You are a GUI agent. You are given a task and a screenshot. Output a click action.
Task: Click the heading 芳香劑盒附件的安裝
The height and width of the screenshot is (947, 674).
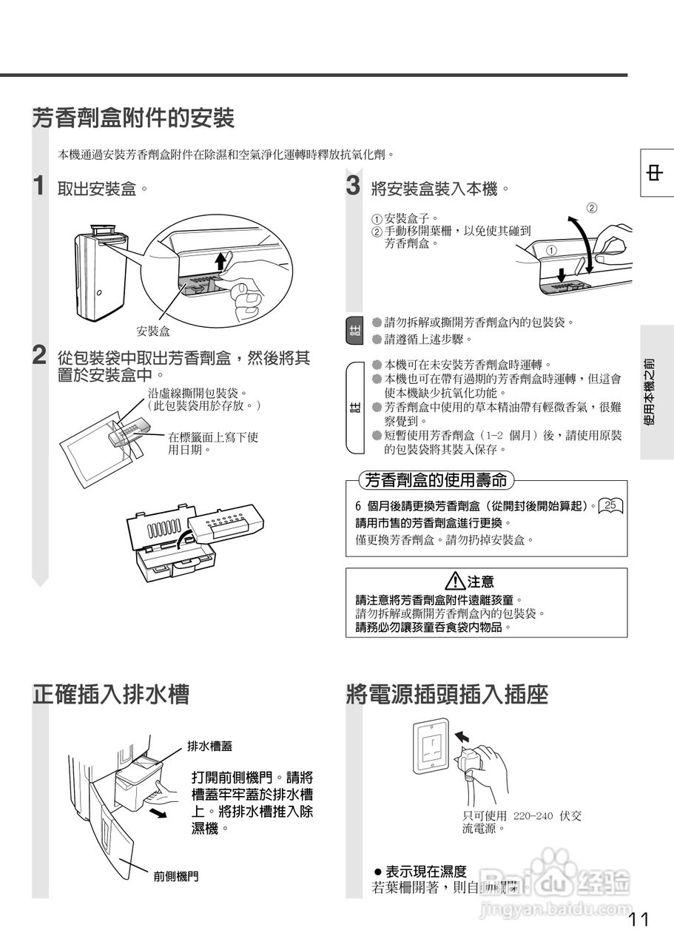point(133,118)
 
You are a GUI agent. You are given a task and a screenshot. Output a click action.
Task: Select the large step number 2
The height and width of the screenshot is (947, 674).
point(41,355)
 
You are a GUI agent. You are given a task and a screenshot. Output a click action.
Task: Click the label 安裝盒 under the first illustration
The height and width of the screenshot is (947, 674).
point(153,331)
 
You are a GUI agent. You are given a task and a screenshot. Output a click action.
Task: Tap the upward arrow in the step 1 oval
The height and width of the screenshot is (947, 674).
point(220,262)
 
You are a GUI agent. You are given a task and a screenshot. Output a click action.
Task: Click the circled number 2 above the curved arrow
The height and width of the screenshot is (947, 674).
point(592,207)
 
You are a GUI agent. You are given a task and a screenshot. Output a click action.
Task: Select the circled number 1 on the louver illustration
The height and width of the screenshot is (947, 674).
point(551,250)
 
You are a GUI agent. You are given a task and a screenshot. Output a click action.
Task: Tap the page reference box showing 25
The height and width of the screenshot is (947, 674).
point(610,505)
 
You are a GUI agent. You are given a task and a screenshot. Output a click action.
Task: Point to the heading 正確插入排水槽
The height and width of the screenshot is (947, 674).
point(111,694)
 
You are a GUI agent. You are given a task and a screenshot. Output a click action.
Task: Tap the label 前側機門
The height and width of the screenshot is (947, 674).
point(176,877)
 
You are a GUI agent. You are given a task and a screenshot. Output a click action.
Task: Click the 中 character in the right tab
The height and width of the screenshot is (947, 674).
point(655,172)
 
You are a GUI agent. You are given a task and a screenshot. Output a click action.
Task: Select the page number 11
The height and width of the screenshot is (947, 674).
point(638,920)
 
